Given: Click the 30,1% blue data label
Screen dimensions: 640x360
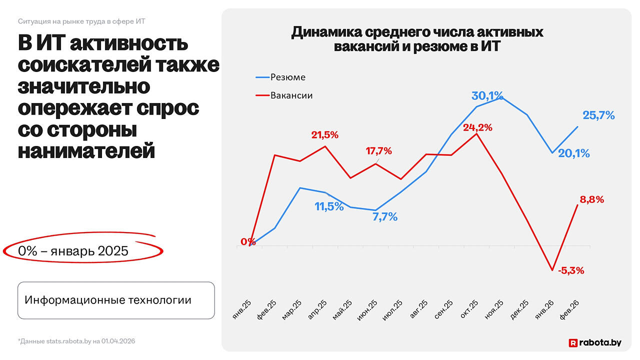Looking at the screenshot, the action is (x=487, y=96).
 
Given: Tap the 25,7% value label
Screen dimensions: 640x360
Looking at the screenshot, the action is (x=598, y=115).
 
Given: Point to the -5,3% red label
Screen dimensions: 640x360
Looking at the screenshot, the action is (x=571, y=270).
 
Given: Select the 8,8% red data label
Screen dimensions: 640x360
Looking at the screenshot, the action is (x=592, y=199).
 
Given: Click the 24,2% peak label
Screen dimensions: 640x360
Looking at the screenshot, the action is (x=477, y=127).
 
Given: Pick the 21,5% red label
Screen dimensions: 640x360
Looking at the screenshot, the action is (x=325, y=135).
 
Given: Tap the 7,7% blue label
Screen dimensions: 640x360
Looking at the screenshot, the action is (x=385, y=217).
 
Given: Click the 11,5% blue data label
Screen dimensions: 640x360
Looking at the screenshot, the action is (x=329, y=206).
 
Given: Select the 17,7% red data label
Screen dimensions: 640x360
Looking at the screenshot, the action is (x=379, y=151).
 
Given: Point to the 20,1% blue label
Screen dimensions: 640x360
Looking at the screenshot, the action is (x=573, y=153).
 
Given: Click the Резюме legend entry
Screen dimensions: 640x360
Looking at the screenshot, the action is (x=280, y=77).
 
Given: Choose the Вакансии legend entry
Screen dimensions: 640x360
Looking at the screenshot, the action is (x=284, y=95).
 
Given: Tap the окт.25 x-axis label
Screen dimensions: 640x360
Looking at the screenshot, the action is (x=469, y=309).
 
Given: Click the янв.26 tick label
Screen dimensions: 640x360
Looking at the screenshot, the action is (x=544, y=309).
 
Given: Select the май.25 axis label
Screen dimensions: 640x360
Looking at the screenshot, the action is (x=342, y=309).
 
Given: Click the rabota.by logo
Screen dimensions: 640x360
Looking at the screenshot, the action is (x=595, y=342).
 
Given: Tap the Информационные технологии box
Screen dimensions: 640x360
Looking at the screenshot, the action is (x=116, y=300).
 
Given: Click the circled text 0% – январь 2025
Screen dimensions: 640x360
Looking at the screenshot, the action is (x=73, y=251).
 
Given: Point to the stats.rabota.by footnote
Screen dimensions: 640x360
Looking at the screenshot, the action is (x=76, y=341).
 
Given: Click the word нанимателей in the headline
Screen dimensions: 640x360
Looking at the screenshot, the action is (x=86, y=150).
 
